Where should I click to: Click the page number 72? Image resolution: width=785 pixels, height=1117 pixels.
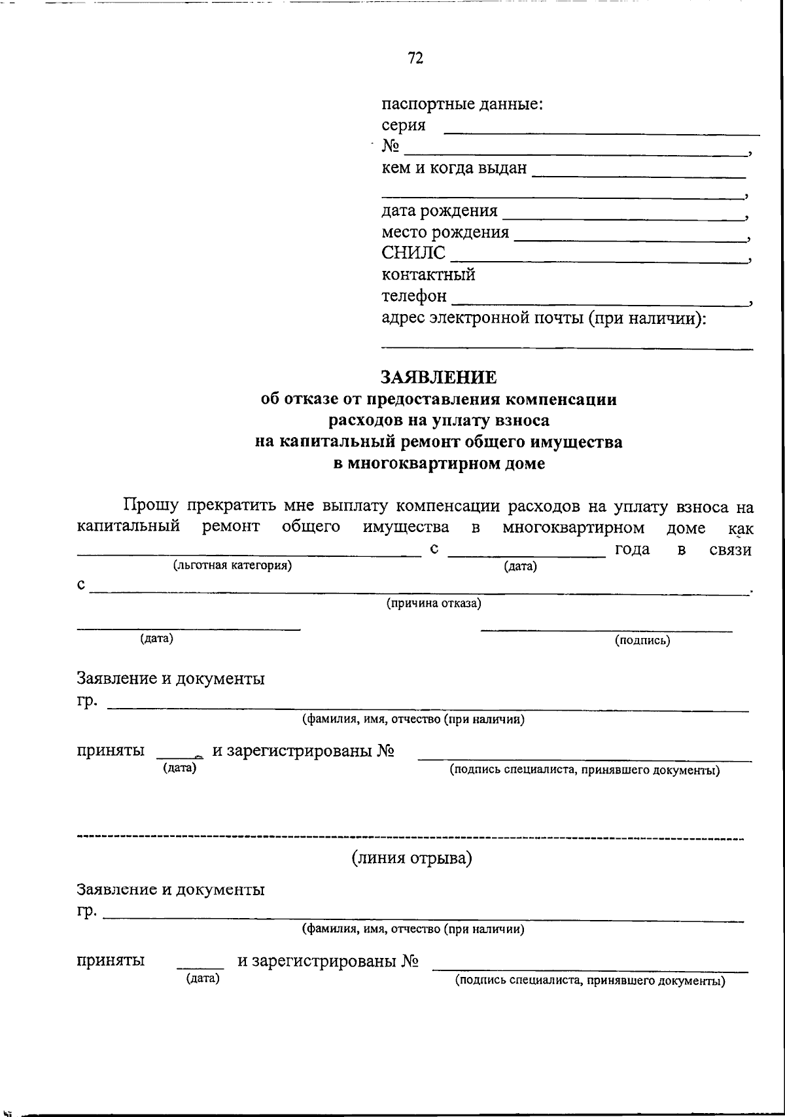[415, 58]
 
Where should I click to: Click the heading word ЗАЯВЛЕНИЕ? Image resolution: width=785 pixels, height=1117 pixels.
[438, 378]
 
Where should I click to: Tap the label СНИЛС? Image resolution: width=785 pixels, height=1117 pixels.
[413, 253]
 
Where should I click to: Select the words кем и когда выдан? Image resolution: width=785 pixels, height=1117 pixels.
[454, 168]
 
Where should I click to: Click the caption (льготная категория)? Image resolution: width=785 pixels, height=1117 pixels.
[232, 565]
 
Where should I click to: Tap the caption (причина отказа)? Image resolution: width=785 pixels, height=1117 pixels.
[434, 603]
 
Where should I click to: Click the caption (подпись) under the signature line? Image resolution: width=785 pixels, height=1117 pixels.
[642, 641]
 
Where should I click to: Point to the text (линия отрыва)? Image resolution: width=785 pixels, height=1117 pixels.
[411, 858]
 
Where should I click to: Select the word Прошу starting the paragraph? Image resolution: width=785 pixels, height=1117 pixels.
[151, 506]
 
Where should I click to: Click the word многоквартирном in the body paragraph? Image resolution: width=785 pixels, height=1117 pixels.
[573, 527]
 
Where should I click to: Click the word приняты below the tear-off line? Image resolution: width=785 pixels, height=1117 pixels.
[111, 961]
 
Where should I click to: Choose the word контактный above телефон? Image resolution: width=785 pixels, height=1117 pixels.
[428, 275]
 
